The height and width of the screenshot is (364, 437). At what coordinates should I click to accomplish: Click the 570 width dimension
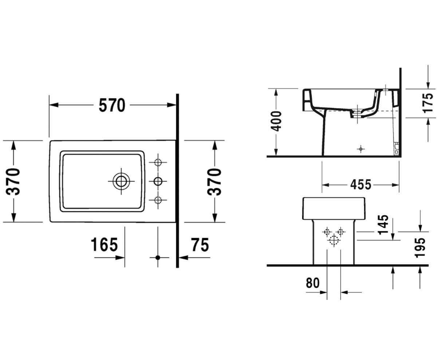pyautogui.click(x=112, y=105)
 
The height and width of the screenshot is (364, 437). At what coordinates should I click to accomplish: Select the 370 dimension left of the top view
pyautogui.click(x=13, y=182)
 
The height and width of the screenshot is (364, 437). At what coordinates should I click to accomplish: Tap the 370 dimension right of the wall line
pyautogui.click(x=214, y=182)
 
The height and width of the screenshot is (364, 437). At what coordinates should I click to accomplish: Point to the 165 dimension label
pyautogui.click(x=104, y=244)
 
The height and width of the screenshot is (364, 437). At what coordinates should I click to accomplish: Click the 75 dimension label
pyautogui.click(x=200, y=244)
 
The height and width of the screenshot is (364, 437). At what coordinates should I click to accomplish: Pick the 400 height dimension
pyautogui.click(x=276, y=121)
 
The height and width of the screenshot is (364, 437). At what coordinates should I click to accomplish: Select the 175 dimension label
pyautogui.click(x=428, y=103)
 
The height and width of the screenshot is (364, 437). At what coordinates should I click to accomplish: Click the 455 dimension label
pyautogui.click(x=361, y=185)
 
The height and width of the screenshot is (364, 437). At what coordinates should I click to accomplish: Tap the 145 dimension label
pyautogui.click(x=383, y=225)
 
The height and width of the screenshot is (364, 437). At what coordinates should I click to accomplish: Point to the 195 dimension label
pyautogui.click(x=420, y=248)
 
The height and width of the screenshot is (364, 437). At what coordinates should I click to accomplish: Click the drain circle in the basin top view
pyautogui.click(x=121, y=181)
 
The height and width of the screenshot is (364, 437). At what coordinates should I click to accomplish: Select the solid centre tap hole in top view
pyautogui.click(x=158, y=181)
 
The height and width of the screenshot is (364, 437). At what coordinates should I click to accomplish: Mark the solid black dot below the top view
pyautogui.click(x=158, y=258)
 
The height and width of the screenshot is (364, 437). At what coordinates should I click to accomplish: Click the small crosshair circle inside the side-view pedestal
pyautogui.click(x=361, y=149)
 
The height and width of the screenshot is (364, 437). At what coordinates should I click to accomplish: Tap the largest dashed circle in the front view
pyautogui.click(x=334, y=240)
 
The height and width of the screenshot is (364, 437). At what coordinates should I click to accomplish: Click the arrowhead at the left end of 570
pyautogui.click(x=54, y=105)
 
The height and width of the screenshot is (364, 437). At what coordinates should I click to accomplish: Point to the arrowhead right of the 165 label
pyautogui.click(x=120, y=258)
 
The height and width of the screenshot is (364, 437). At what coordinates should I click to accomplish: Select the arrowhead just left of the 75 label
pyautogui.click(x=183, y=258)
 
